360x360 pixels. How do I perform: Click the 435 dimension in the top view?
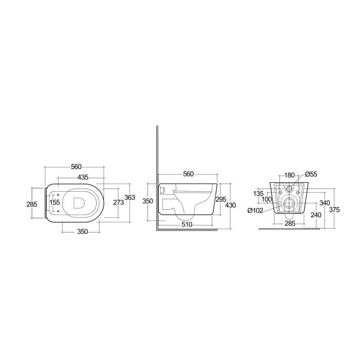[x=83, y=177]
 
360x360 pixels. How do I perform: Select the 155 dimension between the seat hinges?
[x=55, y=202]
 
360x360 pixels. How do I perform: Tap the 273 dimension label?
[x=118, y=202]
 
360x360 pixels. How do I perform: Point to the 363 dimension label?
[x=130, y=198]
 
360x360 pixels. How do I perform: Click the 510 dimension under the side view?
[x=187, y=224]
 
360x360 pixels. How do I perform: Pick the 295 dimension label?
[x=221, y=199]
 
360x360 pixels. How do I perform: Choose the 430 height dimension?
[x=230, y=205]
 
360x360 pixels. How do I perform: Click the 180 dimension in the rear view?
[x=289, y=175]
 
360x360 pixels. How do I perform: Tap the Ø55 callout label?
[x=311, y=174]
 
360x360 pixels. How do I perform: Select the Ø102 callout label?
[x=255, y=210]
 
